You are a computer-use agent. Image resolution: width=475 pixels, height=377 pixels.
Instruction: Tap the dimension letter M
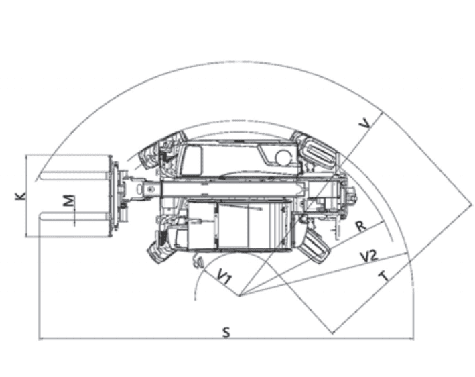pos(70,201)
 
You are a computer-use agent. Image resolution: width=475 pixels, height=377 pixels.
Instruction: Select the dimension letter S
pos(226,333)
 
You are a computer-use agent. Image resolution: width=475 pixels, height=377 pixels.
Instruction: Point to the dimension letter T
pos(384,276)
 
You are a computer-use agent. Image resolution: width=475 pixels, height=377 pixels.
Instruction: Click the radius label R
pos(360,226)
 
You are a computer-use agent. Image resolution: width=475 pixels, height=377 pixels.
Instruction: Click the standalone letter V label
pos(364,123)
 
